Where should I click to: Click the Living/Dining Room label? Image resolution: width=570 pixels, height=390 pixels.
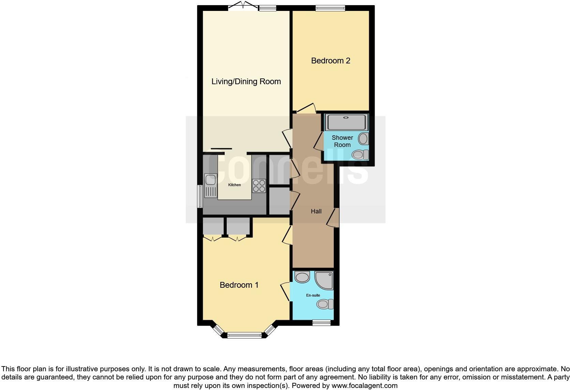pos(246,81)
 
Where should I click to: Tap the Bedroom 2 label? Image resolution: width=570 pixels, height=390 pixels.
pos(330,61)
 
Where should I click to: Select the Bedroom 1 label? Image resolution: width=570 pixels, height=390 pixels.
pos(239,285)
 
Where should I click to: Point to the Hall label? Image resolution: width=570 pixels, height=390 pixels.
pos(316,211)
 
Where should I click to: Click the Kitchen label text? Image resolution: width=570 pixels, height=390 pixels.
pos(234,185)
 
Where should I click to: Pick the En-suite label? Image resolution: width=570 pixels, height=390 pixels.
pos(313,295)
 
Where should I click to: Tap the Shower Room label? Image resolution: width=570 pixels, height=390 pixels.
pos(342,141)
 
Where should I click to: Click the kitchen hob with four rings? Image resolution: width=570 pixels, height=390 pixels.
pos(259,186)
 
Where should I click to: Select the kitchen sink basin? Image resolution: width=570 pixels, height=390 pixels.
pos(210,179)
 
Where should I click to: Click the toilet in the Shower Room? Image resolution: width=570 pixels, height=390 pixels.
pos(360,155)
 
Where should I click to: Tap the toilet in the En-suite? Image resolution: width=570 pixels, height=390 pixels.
pos(325,304)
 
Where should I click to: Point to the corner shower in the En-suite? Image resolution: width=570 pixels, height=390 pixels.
pos(324,280)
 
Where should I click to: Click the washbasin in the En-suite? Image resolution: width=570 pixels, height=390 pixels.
pos(302,277)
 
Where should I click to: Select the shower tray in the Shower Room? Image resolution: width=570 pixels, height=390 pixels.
pos(346,122)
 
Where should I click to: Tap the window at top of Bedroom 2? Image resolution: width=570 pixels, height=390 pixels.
pos(330,8)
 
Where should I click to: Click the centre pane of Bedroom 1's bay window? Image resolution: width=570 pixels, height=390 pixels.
pos(244,335)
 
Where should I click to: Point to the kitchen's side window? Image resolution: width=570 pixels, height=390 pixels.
pos(200,196)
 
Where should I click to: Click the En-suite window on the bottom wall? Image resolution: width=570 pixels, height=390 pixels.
pos(321,322)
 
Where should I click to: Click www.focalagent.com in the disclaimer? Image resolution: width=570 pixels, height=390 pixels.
pos(364,386)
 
